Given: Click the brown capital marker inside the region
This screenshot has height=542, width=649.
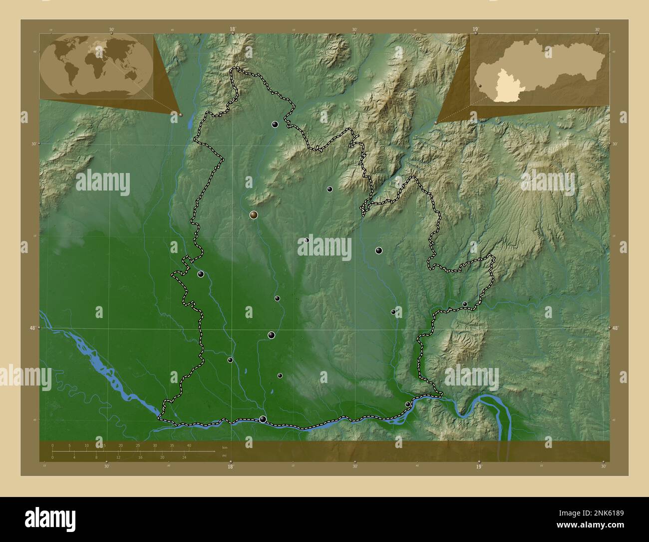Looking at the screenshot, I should (x=254, y=215).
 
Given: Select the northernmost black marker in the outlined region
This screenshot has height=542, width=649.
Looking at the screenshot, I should (x=275, y=124).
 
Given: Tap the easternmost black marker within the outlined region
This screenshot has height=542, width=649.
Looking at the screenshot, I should (x=465, y=304).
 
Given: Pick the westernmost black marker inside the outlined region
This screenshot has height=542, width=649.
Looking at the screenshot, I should (x=201, y=274).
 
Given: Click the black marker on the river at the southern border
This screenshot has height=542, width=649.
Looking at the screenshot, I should (x=263, y=419).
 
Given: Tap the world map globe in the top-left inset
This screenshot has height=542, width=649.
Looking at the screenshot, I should (x=96, y=66).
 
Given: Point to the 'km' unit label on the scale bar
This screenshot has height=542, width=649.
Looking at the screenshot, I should (x=224, y=447).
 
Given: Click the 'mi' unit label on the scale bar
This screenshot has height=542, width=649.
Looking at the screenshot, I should (x=224, y=456).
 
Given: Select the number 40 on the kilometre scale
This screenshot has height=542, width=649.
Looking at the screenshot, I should (x=189, y=445).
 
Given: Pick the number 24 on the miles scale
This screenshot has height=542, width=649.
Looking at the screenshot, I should (x=184, y=457).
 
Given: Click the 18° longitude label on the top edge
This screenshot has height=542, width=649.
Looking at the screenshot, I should (x=232, y=29).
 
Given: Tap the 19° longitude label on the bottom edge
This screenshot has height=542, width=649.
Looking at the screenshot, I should (x=478, y=467).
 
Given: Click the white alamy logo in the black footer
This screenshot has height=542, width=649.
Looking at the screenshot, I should (x=50, y=518).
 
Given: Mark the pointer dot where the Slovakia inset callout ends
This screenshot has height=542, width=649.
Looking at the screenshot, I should (x=436, y=122).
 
